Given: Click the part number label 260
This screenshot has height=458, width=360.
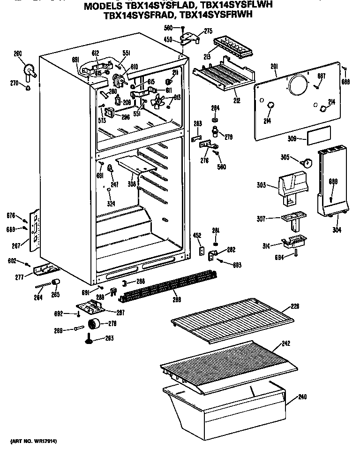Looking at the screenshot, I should [x=18, y=53].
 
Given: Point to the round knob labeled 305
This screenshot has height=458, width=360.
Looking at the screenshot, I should [x=307, y=163].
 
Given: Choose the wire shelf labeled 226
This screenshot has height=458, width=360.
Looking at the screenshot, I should [x=232, y=319].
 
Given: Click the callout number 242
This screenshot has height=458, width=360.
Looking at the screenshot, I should [x=286, y=344].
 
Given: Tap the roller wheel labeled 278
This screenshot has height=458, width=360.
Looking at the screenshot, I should [x=94, y=324].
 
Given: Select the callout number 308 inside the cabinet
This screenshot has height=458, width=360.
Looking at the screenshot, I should [x=132, y=184].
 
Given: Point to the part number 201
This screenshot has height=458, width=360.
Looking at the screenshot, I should [x=274, y=67].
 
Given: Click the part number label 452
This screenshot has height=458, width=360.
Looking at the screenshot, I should [x=197, y=236].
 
